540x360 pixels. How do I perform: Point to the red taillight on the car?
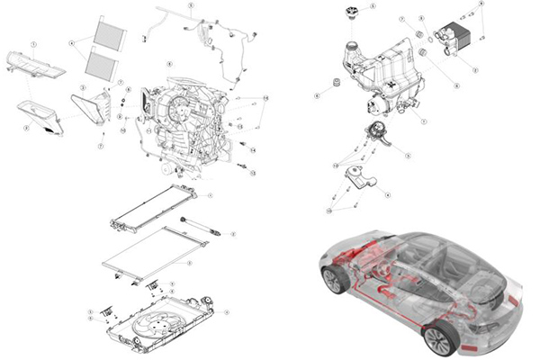tap(514, 299)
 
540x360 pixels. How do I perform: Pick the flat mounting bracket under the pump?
tap(364, 176)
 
